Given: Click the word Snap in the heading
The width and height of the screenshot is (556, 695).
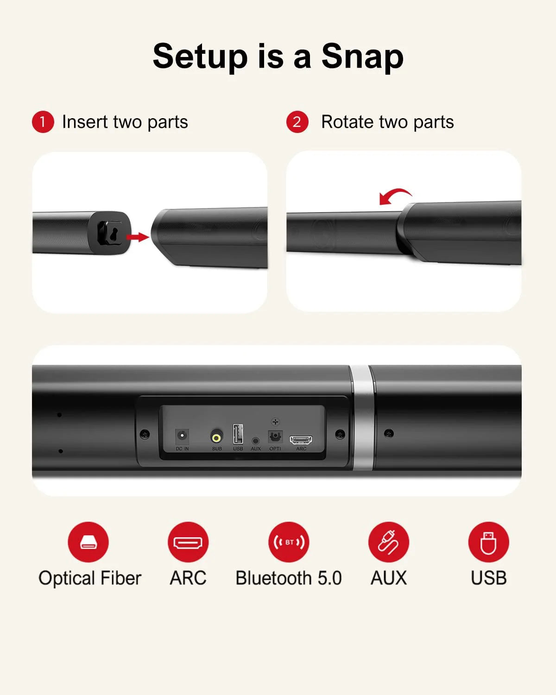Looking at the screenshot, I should (362, 57).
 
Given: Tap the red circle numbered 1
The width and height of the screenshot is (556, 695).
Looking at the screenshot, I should (43, 122).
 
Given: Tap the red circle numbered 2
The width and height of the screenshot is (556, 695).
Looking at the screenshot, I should (297, 122).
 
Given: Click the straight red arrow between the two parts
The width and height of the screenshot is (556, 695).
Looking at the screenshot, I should (138, 237).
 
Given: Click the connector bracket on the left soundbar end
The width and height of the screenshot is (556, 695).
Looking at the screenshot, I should (109, 233).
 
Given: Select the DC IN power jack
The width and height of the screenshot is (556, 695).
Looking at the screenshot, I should (182, 436).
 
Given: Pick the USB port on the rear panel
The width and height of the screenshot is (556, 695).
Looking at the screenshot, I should (238, 434).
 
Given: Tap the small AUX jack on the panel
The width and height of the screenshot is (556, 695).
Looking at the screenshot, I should (255, 441).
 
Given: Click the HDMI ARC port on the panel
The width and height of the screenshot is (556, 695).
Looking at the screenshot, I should (301, 439).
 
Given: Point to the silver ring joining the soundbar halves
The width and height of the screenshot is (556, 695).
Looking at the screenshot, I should (362, 417).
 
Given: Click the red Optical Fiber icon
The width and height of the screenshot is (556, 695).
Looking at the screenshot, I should (88, 542).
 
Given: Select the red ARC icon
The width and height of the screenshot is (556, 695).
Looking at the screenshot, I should (188, 542).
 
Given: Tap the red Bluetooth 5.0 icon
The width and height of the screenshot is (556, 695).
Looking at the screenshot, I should (289, 542).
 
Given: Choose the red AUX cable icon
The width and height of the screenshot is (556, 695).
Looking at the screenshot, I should (389, 542).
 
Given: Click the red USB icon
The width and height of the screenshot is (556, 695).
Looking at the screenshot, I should (488, 542).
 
